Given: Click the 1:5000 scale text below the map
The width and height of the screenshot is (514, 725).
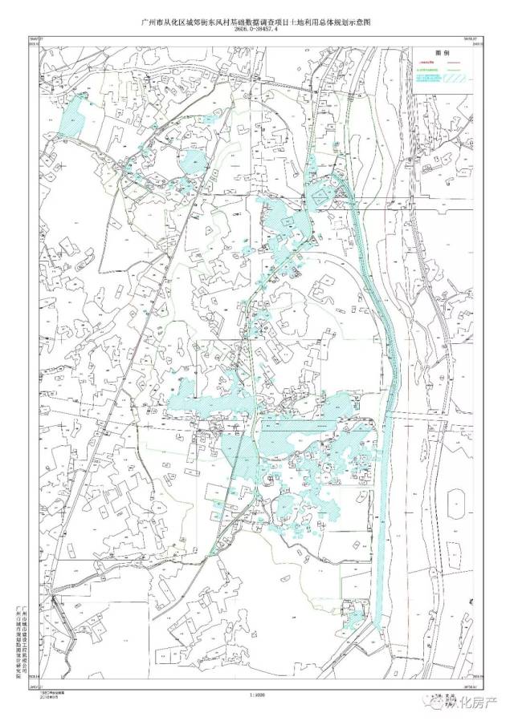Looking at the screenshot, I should click(x=257, y=695).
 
